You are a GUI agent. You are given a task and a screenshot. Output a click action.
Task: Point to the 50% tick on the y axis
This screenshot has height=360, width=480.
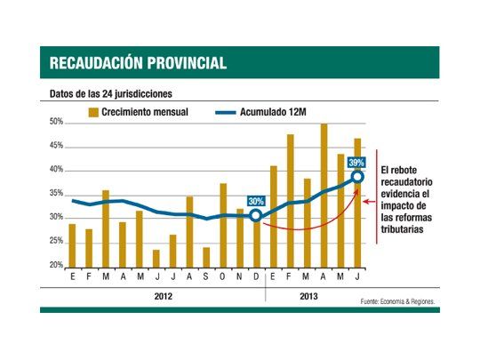pos(55,122)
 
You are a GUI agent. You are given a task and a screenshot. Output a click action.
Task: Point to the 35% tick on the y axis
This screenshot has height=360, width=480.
pos(55,193)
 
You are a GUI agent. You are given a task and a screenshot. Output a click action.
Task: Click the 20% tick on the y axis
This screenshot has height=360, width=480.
pos(55,265)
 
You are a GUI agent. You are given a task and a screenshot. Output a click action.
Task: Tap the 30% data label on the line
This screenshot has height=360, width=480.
pos(256,201)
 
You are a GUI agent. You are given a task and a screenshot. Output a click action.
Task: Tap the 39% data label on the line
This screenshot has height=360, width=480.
pos(356,163)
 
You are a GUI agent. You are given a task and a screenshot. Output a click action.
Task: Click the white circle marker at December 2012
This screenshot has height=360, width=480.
pos(256,215)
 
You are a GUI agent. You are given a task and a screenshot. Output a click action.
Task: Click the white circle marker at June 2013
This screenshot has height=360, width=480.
pos(357,177)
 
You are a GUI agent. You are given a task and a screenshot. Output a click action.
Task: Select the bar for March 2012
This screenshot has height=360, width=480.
pos(105,228)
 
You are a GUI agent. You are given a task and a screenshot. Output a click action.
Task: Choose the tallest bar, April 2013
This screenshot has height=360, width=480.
pos(324,195)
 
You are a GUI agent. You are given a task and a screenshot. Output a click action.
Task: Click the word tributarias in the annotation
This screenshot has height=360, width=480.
pos(404,228)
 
